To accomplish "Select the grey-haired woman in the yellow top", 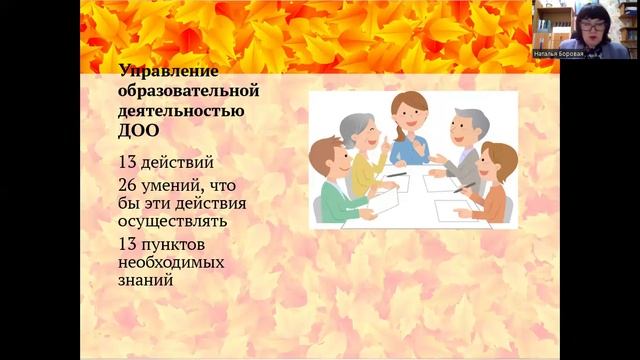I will pyautogui.click(x=361, y=151).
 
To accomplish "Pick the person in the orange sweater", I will pyautogui.click(x=491, y=184).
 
